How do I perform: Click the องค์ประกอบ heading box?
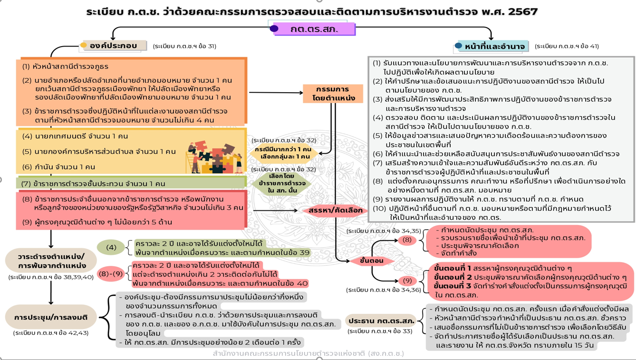coord(116,46)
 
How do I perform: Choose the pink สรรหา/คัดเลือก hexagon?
coord(335,210)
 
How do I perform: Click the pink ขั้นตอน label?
coord(372,261)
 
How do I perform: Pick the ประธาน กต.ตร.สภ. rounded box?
coord(381,320)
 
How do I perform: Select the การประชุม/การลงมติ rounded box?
coord(51,317)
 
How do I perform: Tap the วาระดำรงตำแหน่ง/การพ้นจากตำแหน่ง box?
coord(51,261)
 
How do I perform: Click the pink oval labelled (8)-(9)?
coord(111,273)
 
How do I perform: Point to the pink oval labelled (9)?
coord(407,280)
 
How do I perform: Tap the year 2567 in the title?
coord(522,11)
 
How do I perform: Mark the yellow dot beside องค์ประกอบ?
coord(84,45)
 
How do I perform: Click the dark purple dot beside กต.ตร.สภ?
coord(274,29)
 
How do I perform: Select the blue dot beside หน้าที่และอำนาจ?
coord(458,46)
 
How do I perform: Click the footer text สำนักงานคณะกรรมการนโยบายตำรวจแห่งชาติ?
coord(308,354)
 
